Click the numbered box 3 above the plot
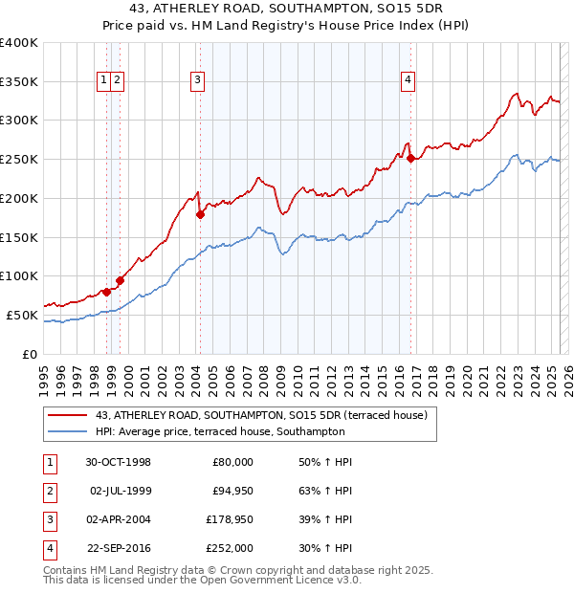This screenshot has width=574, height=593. click(x=197, y=81)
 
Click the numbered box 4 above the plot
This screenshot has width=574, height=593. click(x=408, y=81)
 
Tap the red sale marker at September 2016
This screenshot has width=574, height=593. click(x=410, y=158)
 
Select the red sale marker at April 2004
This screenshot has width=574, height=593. click(x=200, y=215)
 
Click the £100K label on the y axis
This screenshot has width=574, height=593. click(x=19, y=275)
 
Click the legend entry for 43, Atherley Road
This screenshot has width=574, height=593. click(x=266, y=415)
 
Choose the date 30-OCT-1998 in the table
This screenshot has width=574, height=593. click(x=119, y=462)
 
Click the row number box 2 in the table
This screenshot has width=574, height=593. click(x=48, y=491)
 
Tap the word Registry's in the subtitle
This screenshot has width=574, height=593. click(x=317, y=27)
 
